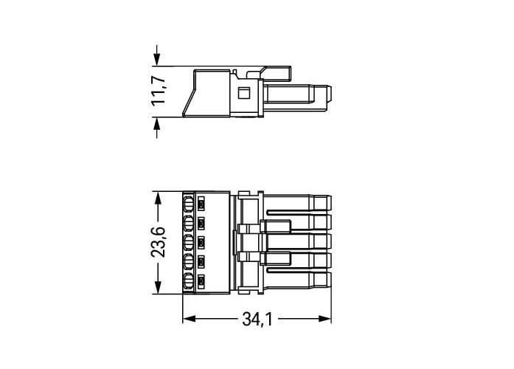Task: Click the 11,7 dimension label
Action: (x=159, y=91)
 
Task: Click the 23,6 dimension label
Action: (x=159, y=242)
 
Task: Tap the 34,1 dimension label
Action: (x=257, y=319)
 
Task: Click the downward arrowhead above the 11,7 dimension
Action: (x=157, y=59)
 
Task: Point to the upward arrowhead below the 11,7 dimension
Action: (x=157, y=124)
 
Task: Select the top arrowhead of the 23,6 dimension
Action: (x=158, y=199)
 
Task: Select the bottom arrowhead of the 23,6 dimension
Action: (x=158, y=286)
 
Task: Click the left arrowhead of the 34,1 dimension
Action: (x=190, y=319)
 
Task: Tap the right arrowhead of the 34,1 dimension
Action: (x=324, y=319)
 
